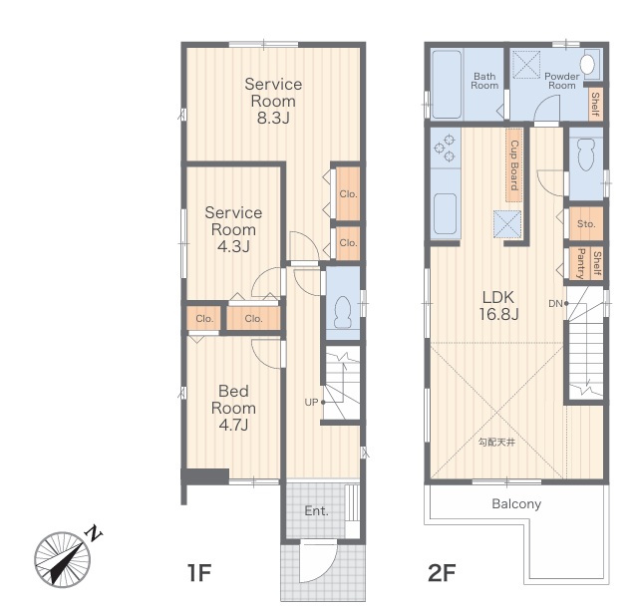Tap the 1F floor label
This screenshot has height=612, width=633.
[x=199, y=573]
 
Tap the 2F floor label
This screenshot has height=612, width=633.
[x=442, y=573]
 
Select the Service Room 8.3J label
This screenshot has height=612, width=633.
[x=272, y=101]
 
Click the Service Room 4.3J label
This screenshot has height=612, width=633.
[x=233, y=229]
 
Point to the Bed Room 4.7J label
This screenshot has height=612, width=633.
[x=233, y=407]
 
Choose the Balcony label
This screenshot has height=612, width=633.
[x=516, y=503]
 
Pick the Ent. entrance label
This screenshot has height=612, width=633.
[x=317, y=511]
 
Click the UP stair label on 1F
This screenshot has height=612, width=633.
[x=312, y=402]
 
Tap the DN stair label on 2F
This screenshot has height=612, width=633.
[x=554, y=303]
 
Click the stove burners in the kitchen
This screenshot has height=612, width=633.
[x=446, y=149]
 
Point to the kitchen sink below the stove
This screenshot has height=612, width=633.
[x=446, y=212]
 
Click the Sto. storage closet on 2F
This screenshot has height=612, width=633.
[x=586, y=224]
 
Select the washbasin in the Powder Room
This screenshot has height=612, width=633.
[x=587, y=66]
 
